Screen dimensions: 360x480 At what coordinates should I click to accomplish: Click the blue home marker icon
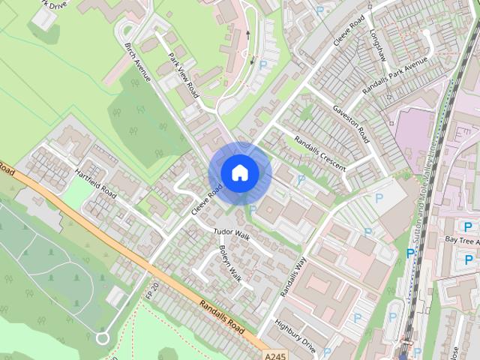tap(239, 173)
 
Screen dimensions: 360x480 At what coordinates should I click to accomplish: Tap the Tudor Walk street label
tap(230, 234)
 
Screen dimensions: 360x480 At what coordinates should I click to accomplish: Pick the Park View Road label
tap(184, 75)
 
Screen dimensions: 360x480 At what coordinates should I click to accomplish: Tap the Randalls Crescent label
tap(320, 151)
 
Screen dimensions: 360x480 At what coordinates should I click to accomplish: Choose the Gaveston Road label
tap(353, 124)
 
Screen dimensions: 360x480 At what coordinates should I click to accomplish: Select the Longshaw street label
tap(376, 45)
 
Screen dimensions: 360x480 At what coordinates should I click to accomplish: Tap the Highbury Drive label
tap(295, 337)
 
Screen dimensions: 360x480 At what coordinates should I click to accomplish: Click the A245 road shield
tap(274, 354)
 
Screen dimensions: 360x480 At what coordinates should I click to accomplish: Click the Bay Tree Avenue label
tap(461, 240)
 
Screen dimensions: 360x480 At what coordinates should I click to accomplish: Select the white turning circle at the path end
tap(103, 338)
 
